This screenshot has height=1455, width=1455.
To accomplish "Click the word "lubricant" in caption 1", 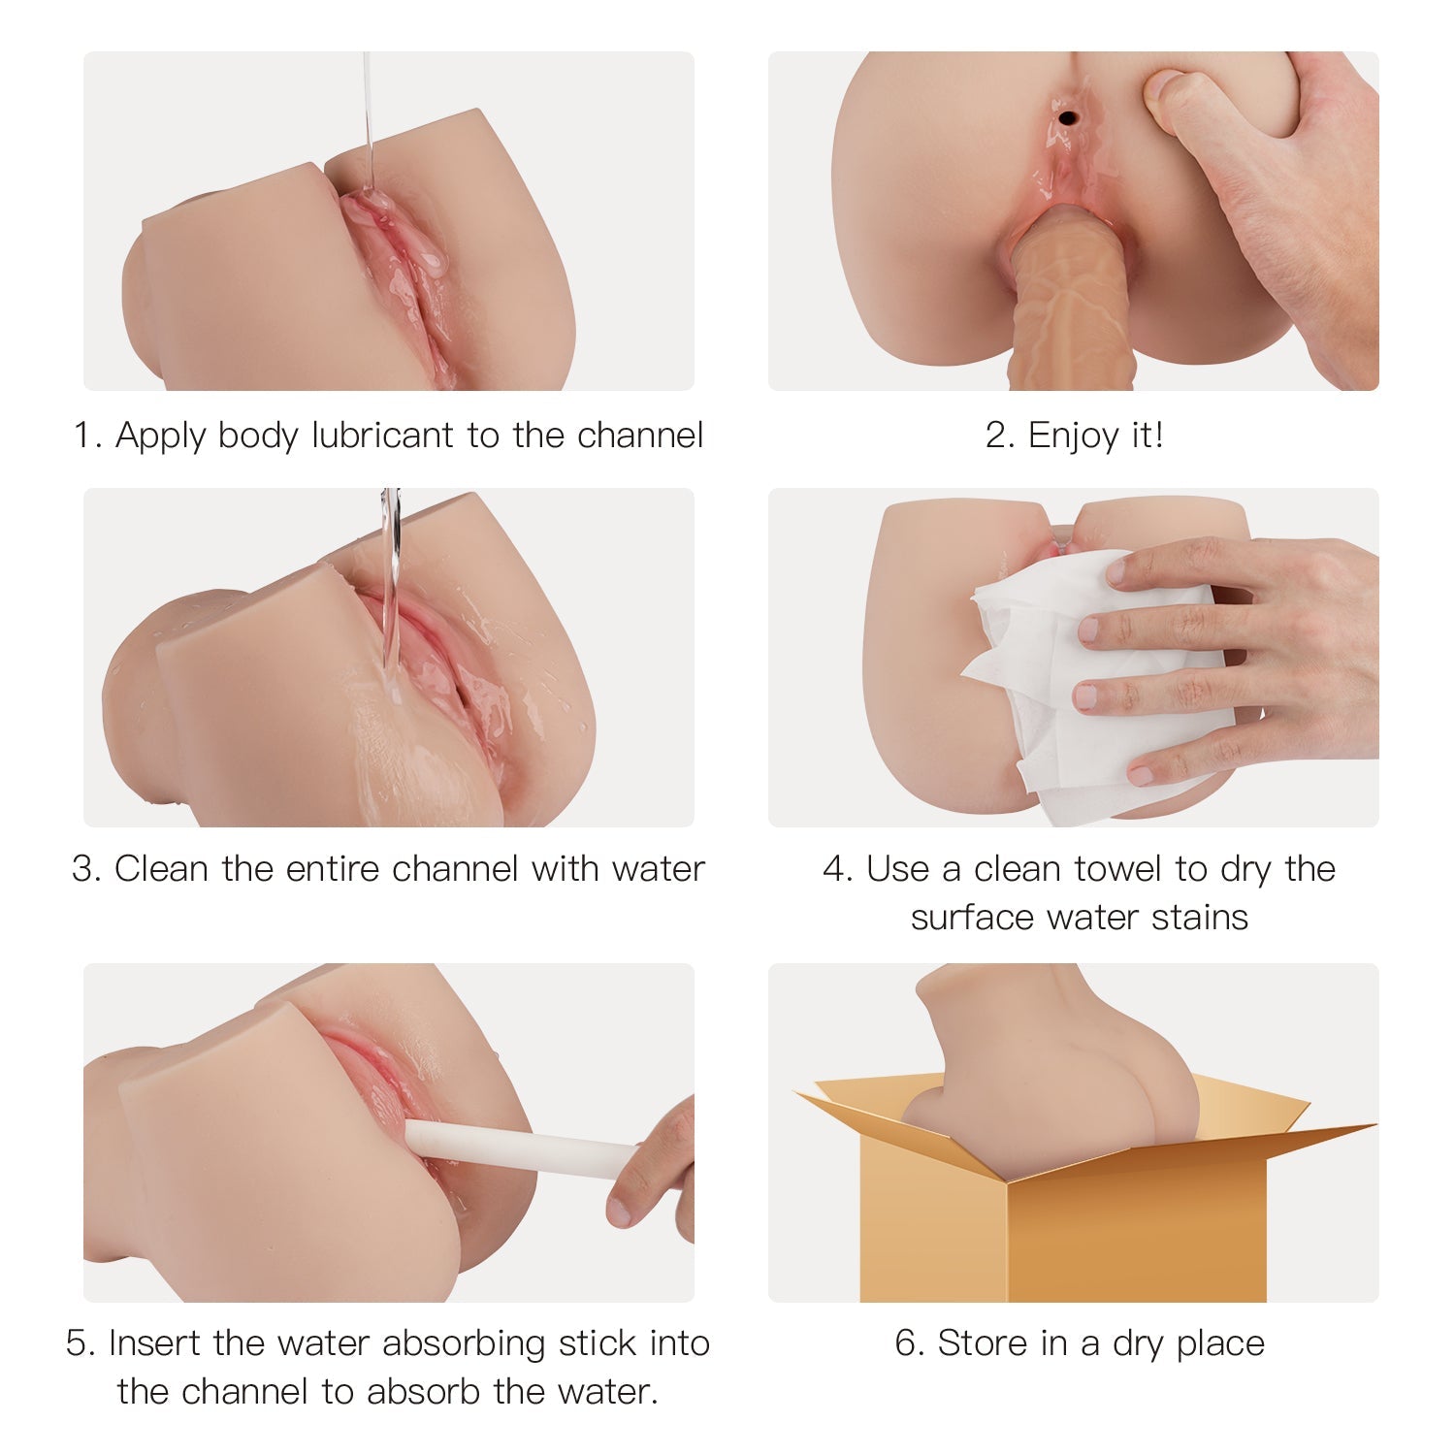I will (383, 436).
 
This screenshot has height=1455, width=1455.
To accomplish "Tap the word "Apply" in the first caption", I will (160, 436).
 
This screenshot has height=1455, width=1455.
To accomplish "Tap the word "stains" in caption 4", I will (1200, 917).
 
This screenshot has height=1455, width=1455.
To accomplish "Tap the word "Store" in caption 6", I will (983, 1343).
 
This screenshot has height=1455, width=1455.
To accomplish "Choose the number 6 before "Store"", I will (906, 1343).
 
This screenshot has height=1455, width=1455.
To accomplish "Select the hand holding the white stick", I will (655, 1174).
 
